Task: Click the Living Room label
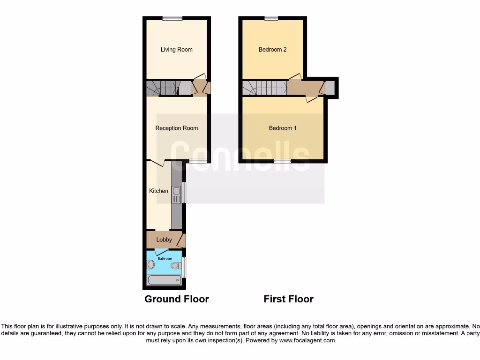click(176, 50)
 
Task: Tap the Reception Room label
click(176, 128)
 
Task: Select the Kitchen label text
click(158, 191)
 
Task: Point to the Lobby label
click(164, 240)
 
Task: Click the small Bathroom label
click(164, 258)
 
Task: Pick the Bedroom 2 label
click(272, 50)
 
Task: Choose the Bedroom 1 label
click(282, 128)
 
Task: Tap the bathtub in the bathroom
click(164, 280)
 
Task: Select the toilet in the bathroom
click(175, 266)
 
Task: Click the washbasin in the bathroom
click(150, 265)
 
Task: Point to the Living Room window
click(172, 18)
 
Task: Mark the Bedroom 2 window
click(270, 18)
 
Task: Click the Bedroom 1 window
click(282, 161)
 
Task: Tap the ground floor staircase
click(162, 88)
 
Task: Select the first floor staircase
click(264, 88)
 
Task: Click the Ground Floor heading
click(176, 299)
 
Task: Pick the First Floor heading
click(288, 299)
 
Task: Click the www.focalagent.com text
click(307, 341)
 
